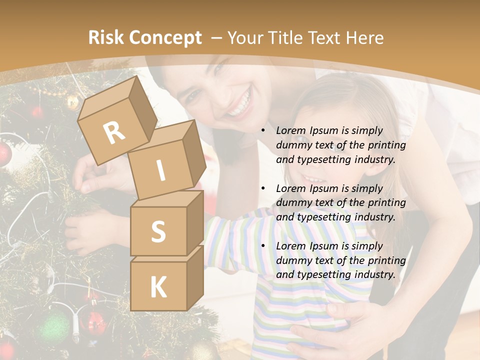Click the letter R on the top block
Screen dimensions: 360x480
point(114,133)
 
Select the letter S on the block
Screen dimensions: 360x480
point(158,231)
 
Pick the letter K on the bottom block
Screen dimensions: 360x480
point(158,287)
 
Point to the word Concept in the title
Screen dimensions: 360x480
point(165,38)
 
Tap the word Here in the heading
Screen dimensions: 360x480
point(362,38)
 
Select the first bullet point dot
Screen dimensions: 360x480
point(263,130)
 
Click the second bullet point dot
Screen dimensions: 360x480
point(263,188)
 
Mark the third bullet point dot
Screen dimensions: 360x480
point(263,246)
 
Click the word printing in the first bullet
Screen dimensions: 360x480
point(385,145)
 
